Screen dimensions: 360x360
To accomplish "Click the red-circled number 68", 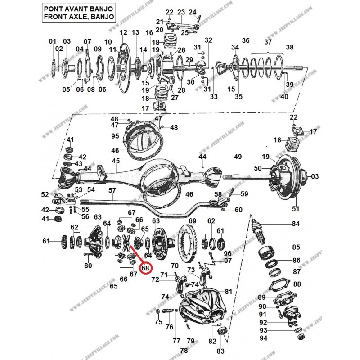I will [145, 268].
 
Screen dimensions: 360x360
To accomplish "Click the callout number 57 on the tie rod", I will [112, 190].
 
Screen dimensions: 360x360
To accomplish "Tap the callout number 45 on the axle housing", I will [116, 161].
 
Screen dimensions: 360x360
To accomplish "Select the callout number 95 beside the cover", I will [115, 136].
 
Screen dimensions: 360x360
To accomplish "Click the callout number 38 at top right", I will [289, 47].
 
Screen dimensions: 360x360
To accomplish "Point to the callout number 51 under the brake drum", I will [296, 209].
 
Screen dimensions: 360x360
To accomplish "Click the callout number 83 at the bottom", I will [220, 351].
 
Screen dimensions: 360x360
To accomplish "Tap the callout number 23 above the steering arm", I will [181, 12].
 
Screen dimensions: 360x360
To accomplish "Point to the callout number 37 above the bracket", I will [268, 42].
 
